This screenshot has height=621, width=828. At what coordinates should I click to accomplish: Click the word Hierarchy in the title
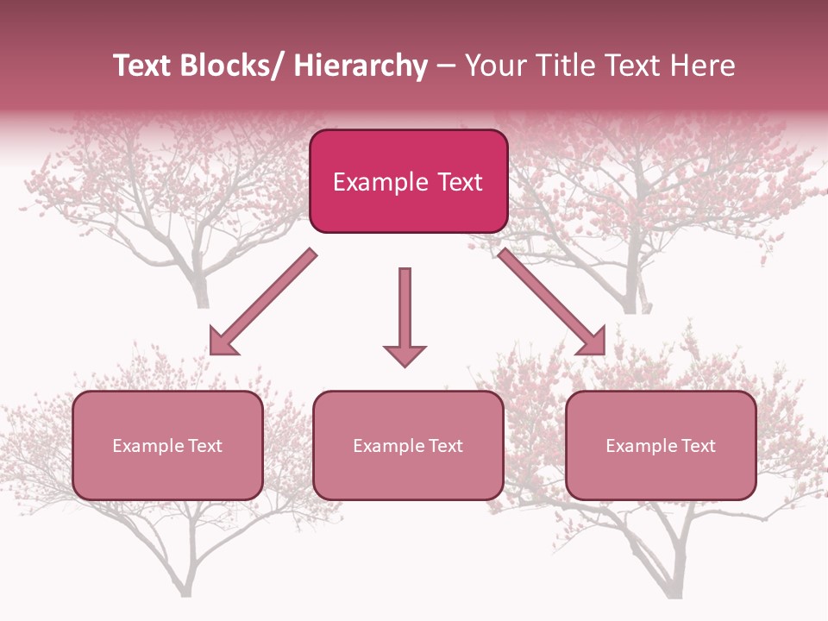(361, 66)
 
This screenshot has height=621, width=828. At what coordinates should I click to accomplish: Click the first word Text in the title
(142, 66)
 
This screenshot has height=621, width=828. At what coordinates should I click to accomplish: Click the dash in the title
(446, 66)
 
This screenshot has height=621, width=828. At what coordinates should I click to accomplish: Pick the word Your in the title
(494, 66)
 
